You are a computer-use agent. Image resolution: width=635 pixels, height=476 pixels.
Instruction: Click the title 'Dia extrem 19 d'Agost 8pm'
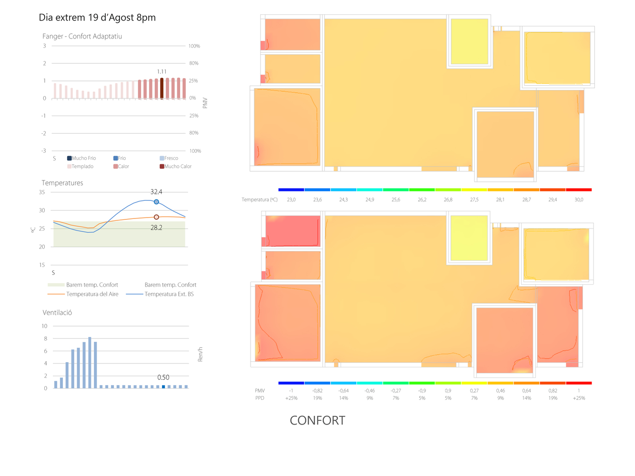tap(97, 18)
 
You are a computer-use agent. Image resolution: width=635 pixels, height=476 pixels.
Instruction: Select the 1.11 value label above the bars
tap(162, 71)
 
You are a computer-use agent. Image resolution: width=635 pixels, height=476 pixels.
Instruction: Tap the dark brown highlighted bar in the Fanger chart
tap(162, 88)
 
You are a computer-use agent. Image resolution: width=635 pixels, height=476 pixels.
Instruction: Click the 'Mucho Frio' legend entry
tap(81, 158)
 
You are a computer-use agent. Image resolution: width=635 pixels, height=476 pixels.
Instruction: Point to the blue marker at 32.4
tap(156, 202)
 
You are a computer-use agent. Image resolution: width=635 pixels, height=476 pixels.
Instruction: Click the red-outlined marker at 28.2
tap(156, 217)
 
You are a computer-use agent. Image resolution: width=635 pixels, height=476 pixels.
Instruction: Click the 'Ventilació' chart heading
tap(57, 312)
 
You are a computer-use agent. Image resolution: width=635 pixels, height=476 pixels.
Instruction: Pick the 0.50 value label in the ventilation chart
tap(163, 377)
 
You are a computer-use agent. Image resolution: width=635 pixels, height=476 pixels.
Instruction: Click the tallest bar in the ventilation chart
tap(90, 362)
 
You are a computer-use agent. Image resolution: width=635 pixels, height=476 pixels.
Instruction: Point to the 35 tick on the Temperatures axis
tap(42, 192)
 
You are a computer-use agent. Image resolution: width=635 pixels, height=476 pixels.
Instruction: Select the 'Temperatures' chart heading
tap(62, 183)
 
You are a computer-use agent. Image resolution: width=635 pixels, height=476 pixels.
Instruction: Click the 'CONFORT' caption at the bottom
tap(317, 420)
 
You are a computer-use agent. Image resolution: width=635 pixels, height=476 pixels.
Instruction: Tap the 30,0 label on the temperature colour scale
tap(579, 199)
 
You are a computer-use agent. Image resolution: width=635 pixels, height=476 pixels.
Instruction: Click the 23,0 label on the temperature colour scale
tap(291, 199)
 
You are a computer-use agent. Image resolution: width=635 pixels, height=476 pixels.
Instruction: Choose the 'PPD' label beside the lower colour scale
tap(260, 398)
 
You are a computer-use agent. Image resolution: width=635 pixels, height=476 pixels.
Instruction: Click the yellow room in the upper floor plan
tap(469, 41)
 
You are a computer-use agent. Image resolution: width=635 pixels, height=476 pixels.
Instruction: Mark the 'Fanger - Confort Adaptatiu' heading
tap(82, 36)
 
